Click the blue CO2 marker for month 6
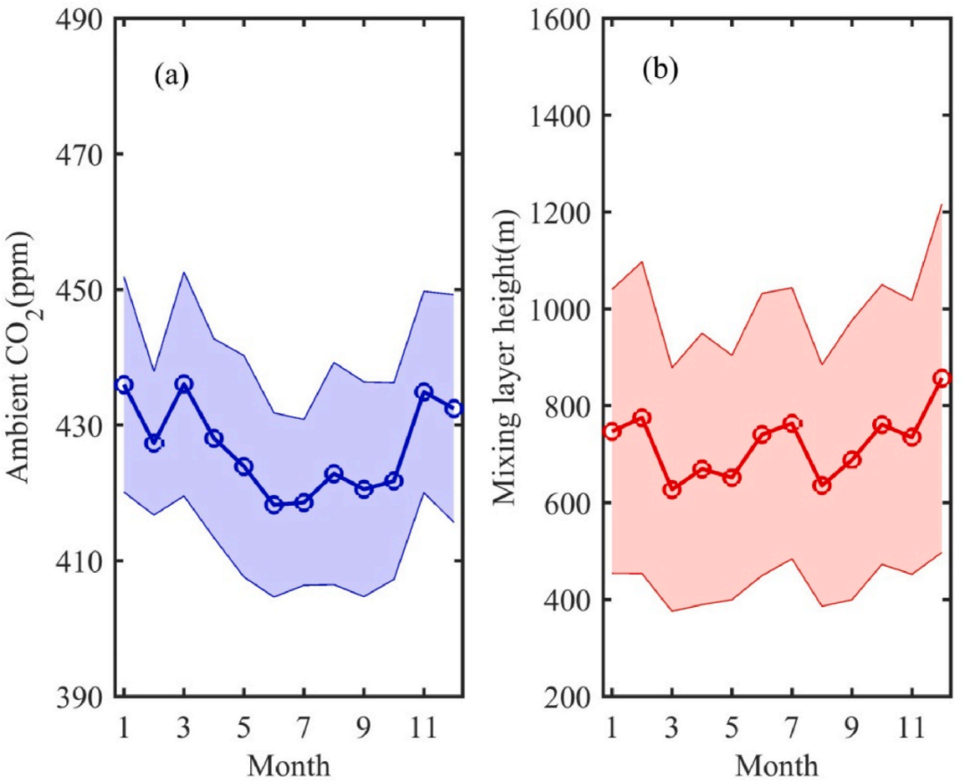(273, 505)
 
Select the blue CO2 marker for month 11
(424, 391)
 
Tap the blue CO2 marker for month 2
(154, 443)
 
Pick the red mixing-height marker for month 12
(941, 378)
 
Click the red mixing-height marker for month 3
(671, 489)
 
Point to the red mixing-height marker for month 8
(821, 485)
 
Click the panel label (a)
(172, 75)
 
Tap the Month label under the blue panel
(289, 766)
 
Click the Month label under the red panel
(776, 766)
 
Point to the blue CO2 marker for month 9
(364, 489)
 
